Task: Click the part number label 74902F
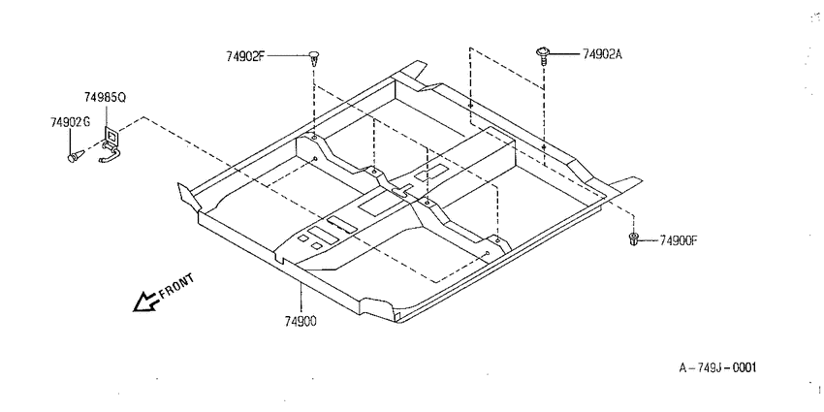tap(246, 55)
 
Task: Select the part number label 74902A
tap(602, 54)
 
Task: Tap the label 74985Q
tap(105, 98)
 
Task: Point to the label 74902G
tap(71, 122)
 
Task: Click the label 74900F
tap(679, 240)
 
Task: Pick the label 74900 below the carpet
tap(301, 322)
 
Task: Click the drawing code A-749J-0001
tap(717, 367)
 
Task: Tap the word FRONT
tap(176, 286)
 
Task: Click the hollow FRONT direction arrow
tap(145, 301)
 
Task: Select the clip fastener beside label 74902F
tap(314, 58)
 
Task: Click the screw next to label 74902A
tap(542, 54)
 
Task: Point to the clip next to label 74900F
tap(634, 239)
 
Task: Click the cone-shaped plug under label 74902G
tap(77, 155)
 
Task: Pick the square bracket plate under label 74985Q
tap(111, 136)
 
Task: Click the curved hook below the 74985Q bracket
tap(110, 154)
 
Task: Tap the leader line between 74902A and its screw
tap(565, 53)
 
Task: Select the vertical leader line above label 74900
tap(301, 298)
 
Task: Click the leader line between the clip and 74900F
tap(649, 240)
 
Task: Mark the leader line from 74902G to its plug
tap(70, 141)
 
